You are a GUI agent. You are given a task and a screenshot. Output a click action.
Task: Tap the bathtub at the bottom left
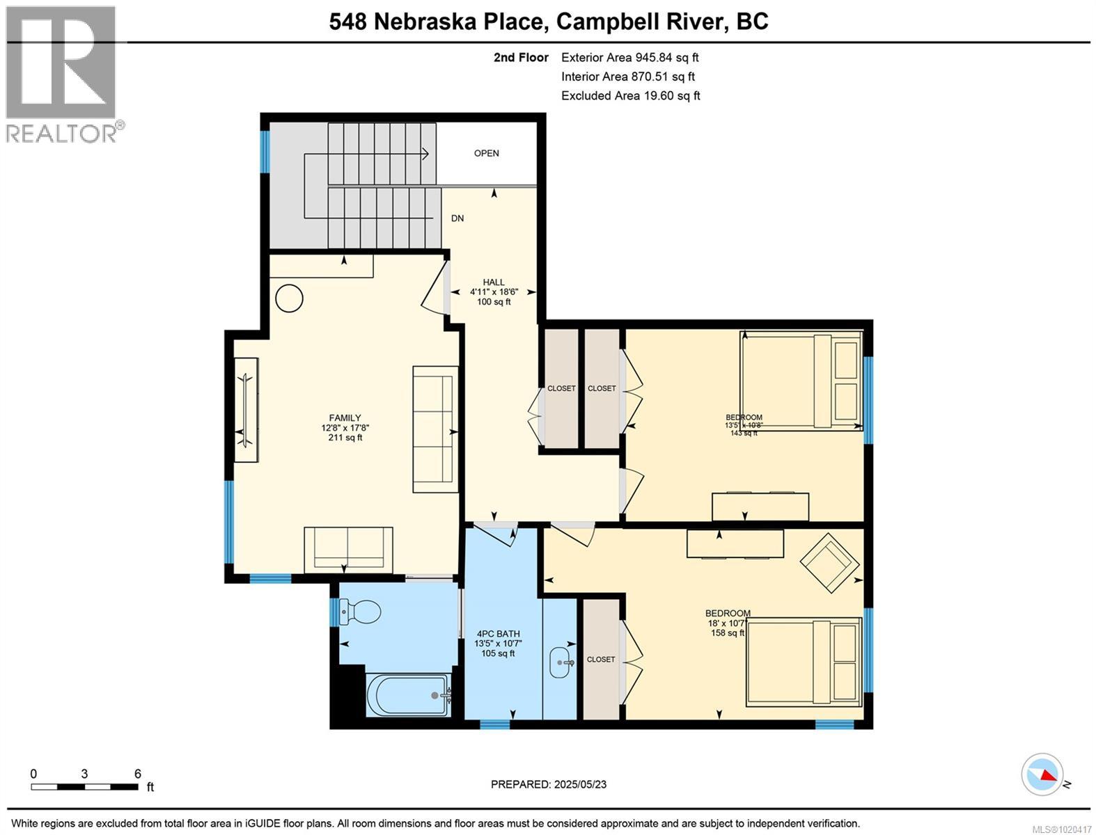tap(408, 695)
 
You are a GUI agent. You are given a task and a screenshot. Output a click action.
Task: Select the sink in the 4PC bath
tap(561, 662)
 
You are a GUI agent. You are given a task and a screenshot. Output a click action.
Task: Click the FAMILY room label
tap(345, 418)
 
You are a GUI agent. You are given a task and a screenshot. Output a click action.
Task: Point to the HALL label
tap(494, 283)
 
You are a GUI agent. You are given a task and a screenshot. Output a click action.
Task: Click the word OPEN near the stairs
tap(487, 153)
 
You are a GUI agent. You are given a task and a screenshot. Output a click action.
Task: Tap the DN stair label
tap(457, 218)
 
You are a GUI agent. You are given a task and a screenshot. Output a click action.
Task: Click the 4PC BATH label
tap(498, 634)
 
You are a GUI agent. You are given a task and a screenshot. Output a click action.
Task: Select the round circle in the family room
tap(290, 299)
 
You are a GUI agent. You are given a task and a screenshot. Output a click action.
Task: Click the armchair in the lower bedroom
tap(830, 563)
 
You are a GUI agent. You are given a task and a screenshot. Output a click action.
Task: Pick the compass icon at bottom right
tap(1042, 774)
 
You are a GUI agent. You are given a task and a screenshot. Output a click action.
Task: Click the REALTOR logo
tap(61, 74)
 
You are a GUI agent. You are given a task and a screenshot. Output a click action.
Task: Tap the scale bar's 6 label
tap(138, 774)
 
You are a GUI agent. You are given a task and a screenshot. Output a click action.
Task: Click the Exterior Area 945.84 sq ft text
tap(629, 58)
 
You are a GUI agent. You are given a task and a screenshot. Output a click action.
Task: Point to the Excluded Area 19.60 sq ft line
tap(630, 96)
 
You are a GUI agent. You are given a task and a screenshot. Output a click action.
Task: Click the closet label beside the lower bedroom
tap(601, 659)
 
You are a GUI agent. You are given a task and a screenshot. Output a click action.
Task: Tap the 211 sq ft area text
tap(345, 438)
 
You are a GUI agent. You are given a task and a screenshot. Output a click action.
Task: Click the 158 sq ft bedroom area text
tap(728, 633)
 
